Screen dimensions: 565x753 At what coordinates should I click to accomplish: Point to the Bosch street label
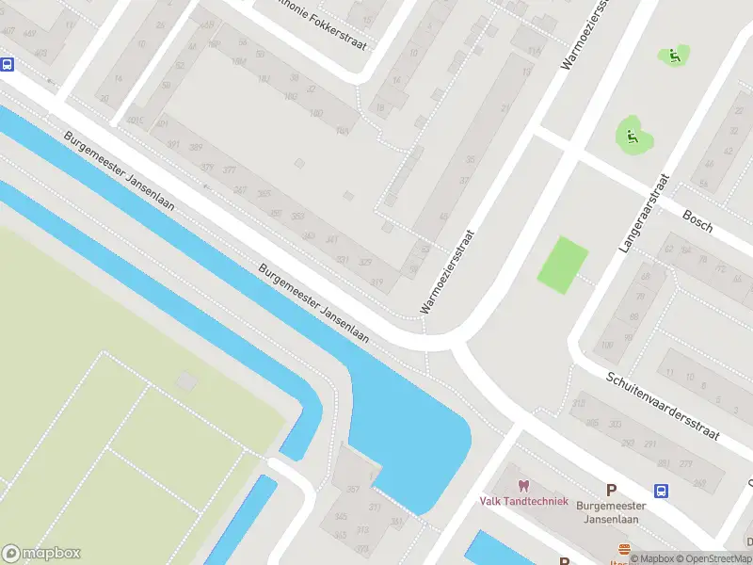tap(697, 221)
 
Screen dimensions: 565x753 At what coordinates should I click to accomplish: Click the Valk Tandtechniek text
tap(523, 501)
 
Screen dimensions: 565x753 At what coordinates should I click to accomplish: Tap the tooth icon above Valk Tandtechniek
tap(523, 486)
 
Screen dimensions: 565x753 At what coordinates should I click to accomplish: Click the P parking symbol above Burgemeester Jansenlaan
tap(611, 489)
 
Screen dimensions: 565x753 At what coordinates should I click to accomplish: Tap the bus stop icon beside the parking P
tap(662, 490)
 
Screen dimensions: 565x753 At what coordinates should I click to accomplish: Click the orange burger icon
tap(622, 550)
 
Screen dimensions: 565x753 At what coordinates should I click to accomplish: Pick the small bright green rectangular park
tap(563, 263)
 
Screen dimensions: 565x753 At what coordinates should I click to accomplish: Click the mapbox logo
tap(41, 554)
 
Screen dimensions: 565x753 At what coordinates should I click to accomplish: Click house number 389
tap(196, 148)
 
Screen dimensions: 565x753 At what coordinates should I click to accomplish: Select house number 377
tap(230, 170)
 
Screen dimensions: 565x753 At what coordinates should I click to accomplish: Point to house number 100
tap(606, 346)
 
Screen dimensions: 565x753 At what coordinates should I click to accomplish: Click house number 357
tap(354, 490)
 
